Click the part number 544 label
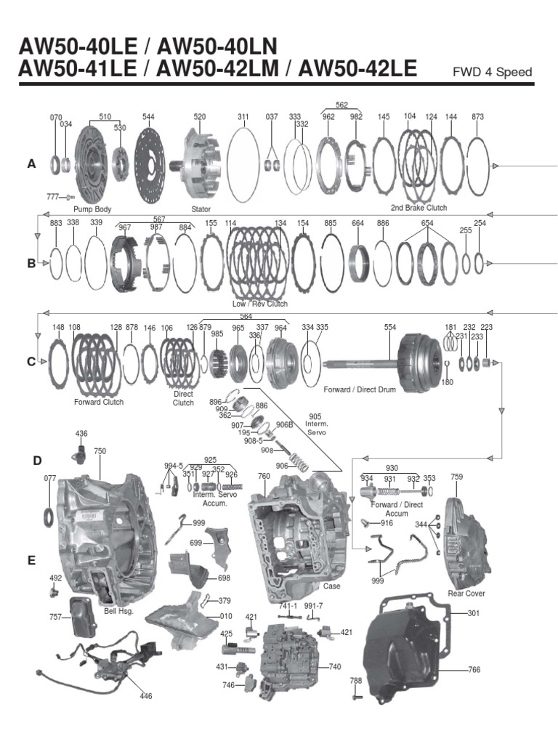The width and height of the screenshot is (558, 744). (x=148, y=116)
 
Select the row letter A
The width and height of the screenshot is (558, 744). (x=31, y=165)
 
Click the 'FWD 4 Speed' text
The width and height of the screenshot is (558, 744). (x=492, y=72)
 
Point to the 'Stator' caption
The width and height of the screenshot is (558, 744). (x=201, y=209)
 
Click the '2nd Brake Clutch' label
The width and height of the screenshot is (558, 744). (x=418, y=208)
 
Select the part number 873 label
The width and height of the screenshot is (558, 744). (x=477, y=116)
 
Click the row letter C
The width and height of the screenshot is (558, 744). (x=31, y=361)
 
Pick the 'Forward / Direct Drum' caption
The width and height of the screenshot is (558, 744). (x=359, y=389)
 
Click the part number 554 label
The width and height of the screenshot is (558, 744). (x=390, y=328)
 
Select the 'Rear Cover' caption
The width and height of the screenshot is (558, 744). (x=466, y=594)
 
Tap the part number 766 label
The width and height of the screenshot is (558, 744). (x=473, y=669)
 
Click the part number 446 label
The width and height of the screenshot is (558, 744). (x=146, y=695)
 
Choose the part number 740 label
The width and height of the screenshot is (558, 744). (x=334, y=666)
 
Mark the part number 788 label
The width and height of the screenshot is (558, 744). (x=355, y=681)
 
